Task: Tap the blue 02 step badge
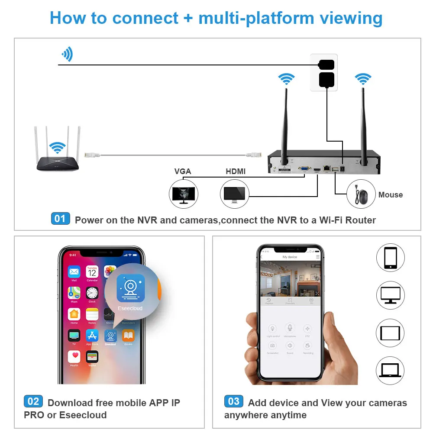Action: tap(33, 401)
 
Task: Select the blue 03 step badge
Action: tap(233, 401)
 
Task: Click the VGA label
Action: tap(182, 171)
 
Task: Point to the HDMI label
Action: tap(236, 171)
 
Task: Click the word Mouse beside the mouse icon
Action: tap(391, 195)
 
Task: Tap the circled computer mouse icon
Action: tap(361, 195)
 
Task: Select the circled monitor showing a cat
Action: tap(183, 194)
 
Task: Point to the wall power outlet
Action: tap(324, 72)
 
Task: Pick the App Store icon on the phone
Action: tap(92, 336)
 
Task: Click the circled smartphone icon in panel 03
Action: tap(390, 258)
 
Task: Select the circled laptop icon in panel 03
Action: tap(390, 371)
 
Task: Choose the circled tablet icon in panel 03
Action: tap(390, 333)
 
